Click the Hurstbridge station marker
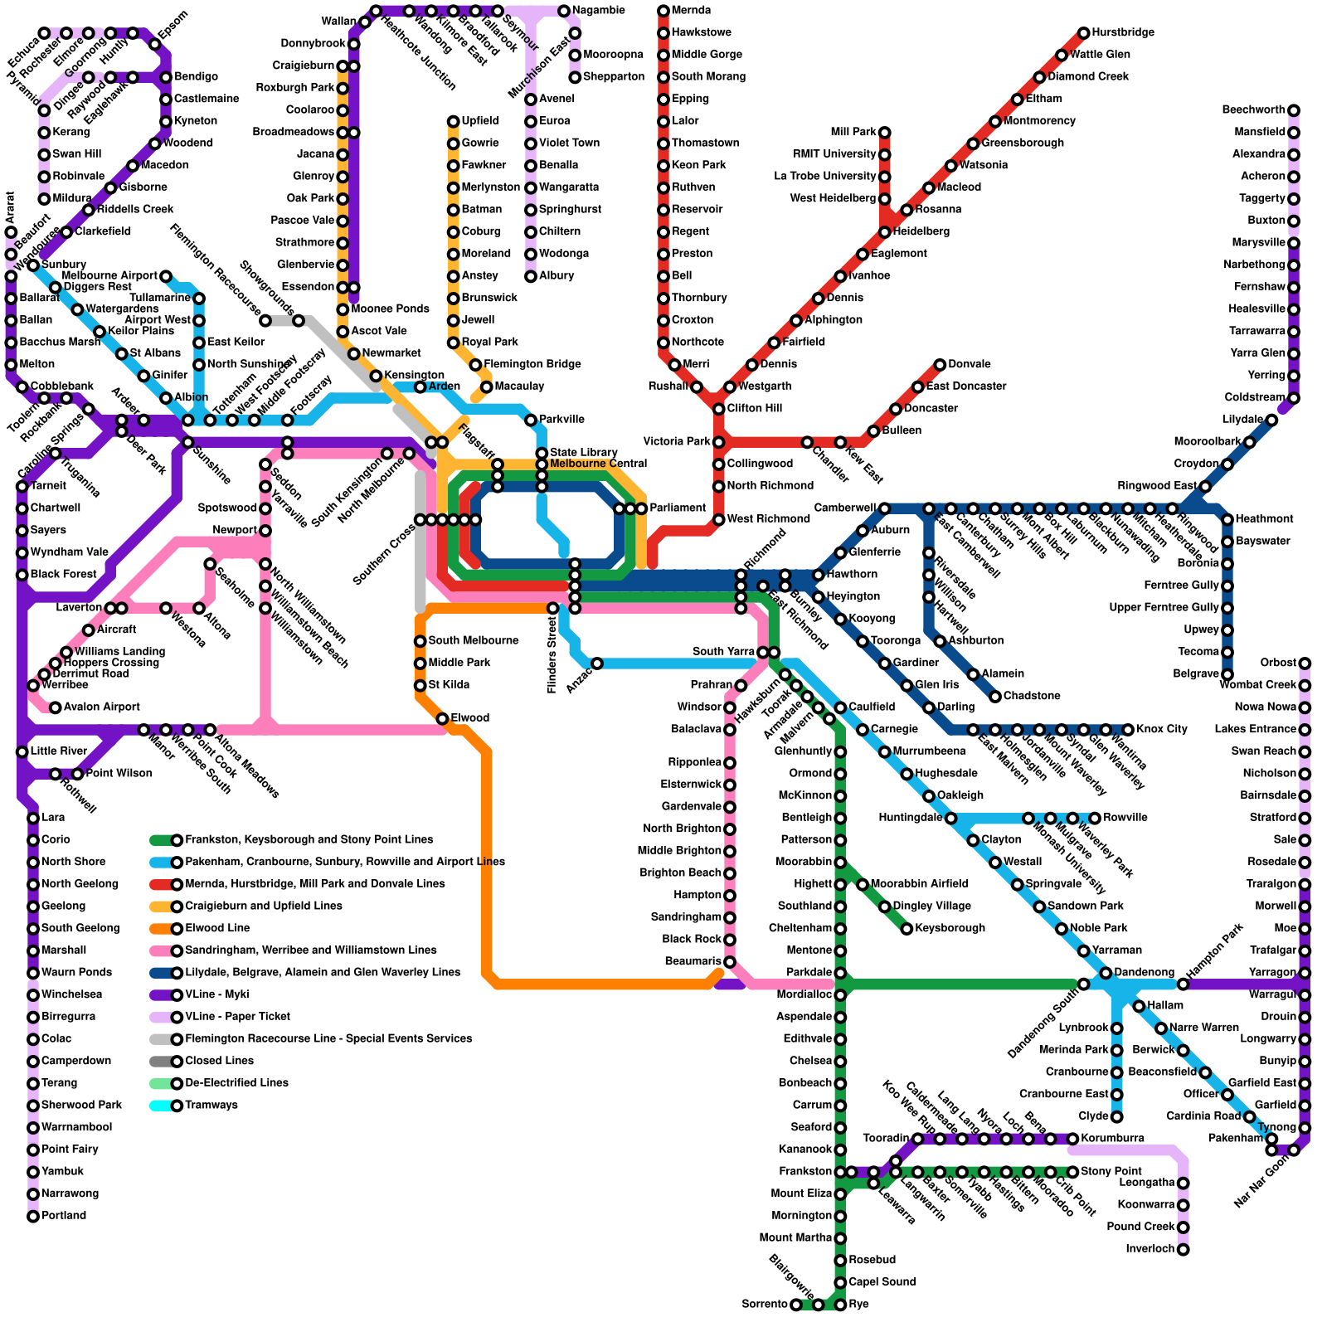pyautogui.click(x=1083, y=33)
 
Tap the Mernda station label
pyautogui.click(x=691, y=11)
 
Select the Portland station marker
pyautogui.click(x=33, y=1217)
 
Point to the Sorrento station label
pyautogui.click(x=765, y=1305)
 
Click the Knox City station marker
pyautogui.click(x=1128, y=730)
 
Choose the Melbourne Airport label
pyautogui.click(x=109, y=276)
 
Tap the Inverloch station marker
pyautogui.click(x=1184, y=1250)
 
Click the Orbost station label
pyautogui.click(x=1277, y=663)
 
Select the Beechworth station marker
pyautogui.click(x=1294, y=110)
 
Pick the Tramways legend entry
pyautogui.click(x=211, y=1106)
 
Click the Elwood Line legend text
pyautogui.click(x=217, y=929)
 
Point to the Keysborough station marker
pyautogui.click(x=907, y=929)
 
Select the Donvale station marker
pyautogui.click(x=940, y=365)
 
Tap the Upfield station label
pyautogui.click(x=480, y=121)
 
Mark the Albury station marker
pyautogui.click(x=531, y=276)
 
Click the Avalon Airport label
pyautogui.click(x=102, y=707)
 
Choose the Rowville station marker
pyautogui.click(x=1095, y=819)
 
